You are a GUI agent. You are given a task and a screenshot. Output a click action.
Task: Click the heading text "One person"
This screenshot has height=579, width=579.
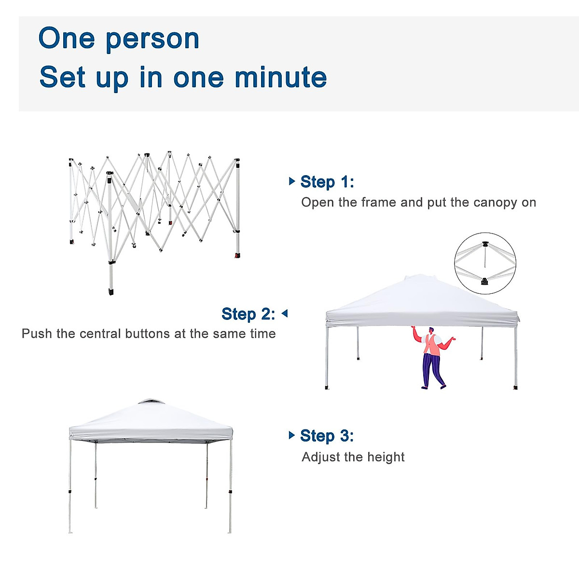tap(119, 39)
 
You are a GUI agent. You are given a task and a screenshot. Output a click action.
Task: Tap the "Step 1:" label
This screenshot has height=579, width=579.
tap(327, 182)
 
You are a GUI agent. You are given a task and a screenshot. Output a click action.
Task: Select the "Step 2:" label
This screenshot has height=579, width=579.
tap(248, 314)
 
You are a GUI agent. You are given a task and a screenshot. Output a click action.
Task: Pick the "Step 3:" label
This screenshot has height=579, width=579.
tap(327, 436)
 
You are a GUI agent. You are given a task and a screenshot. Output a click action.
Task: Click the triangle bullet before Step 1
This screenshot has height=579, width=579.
tap(291, 181)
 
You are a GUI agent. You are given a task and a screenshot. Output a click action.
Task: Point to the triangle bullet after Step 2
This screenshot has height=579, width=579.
tap(285, 314)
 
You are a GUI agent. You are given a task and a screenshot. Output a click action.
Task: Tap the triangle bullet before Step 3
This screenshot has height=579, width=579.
tap(291, 435)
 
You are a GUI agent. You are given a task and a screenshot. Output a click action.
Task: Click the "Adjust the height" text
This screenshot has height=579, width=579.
tap(353, 457)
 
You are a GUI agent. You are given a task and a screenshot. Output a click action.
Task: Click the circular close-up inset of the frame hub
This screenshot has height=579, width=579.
tap(485, 263)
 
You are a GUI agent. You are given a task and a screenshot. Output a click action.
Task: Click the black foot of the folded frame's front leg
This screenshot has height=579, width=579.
tap(111, 291)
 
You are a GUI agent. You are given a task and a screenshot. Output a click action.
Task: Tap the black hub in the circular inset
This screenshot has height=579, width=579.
tap(484, 280)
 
